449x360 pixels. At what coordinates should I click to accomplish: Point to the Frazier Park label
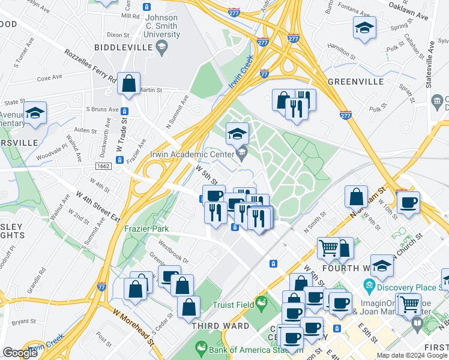146,229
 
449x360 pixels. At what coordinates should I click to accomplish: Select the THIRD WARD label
220,326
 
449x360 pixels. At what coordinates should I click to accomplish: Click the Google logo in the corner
20,353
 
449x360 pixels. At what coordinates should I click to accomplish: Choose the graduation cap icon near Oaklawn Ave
364,28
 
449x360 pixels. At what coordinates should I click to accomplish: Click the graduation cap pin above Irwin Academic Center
237,133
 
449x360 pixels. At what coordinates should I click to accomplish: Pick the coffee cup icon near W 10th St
408,202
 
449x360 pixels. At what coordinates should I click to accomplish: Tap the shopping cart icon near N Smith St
328,247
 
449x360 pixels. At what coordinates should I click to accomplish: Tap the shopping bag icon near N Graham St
356,196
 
